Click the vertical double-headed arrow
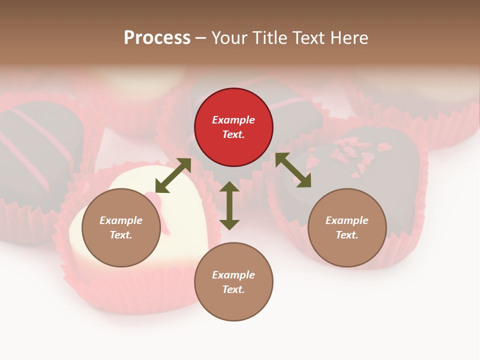[x=229, y=205]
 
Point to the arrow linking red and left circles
[x=173, y=175]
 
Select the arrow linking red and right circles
[x=293, y=170]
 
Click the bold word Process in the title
[x=157, y=37]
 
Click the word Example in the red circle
[x=233, y=120]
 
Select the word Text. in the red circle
[x=233, y=134]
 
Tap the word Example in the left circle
[x=121, y=220]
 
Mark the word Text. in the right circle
[x=347, y=235]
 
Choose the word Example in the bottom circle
[x=233, y=275]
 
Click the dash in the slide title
[x=200, y=38]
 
